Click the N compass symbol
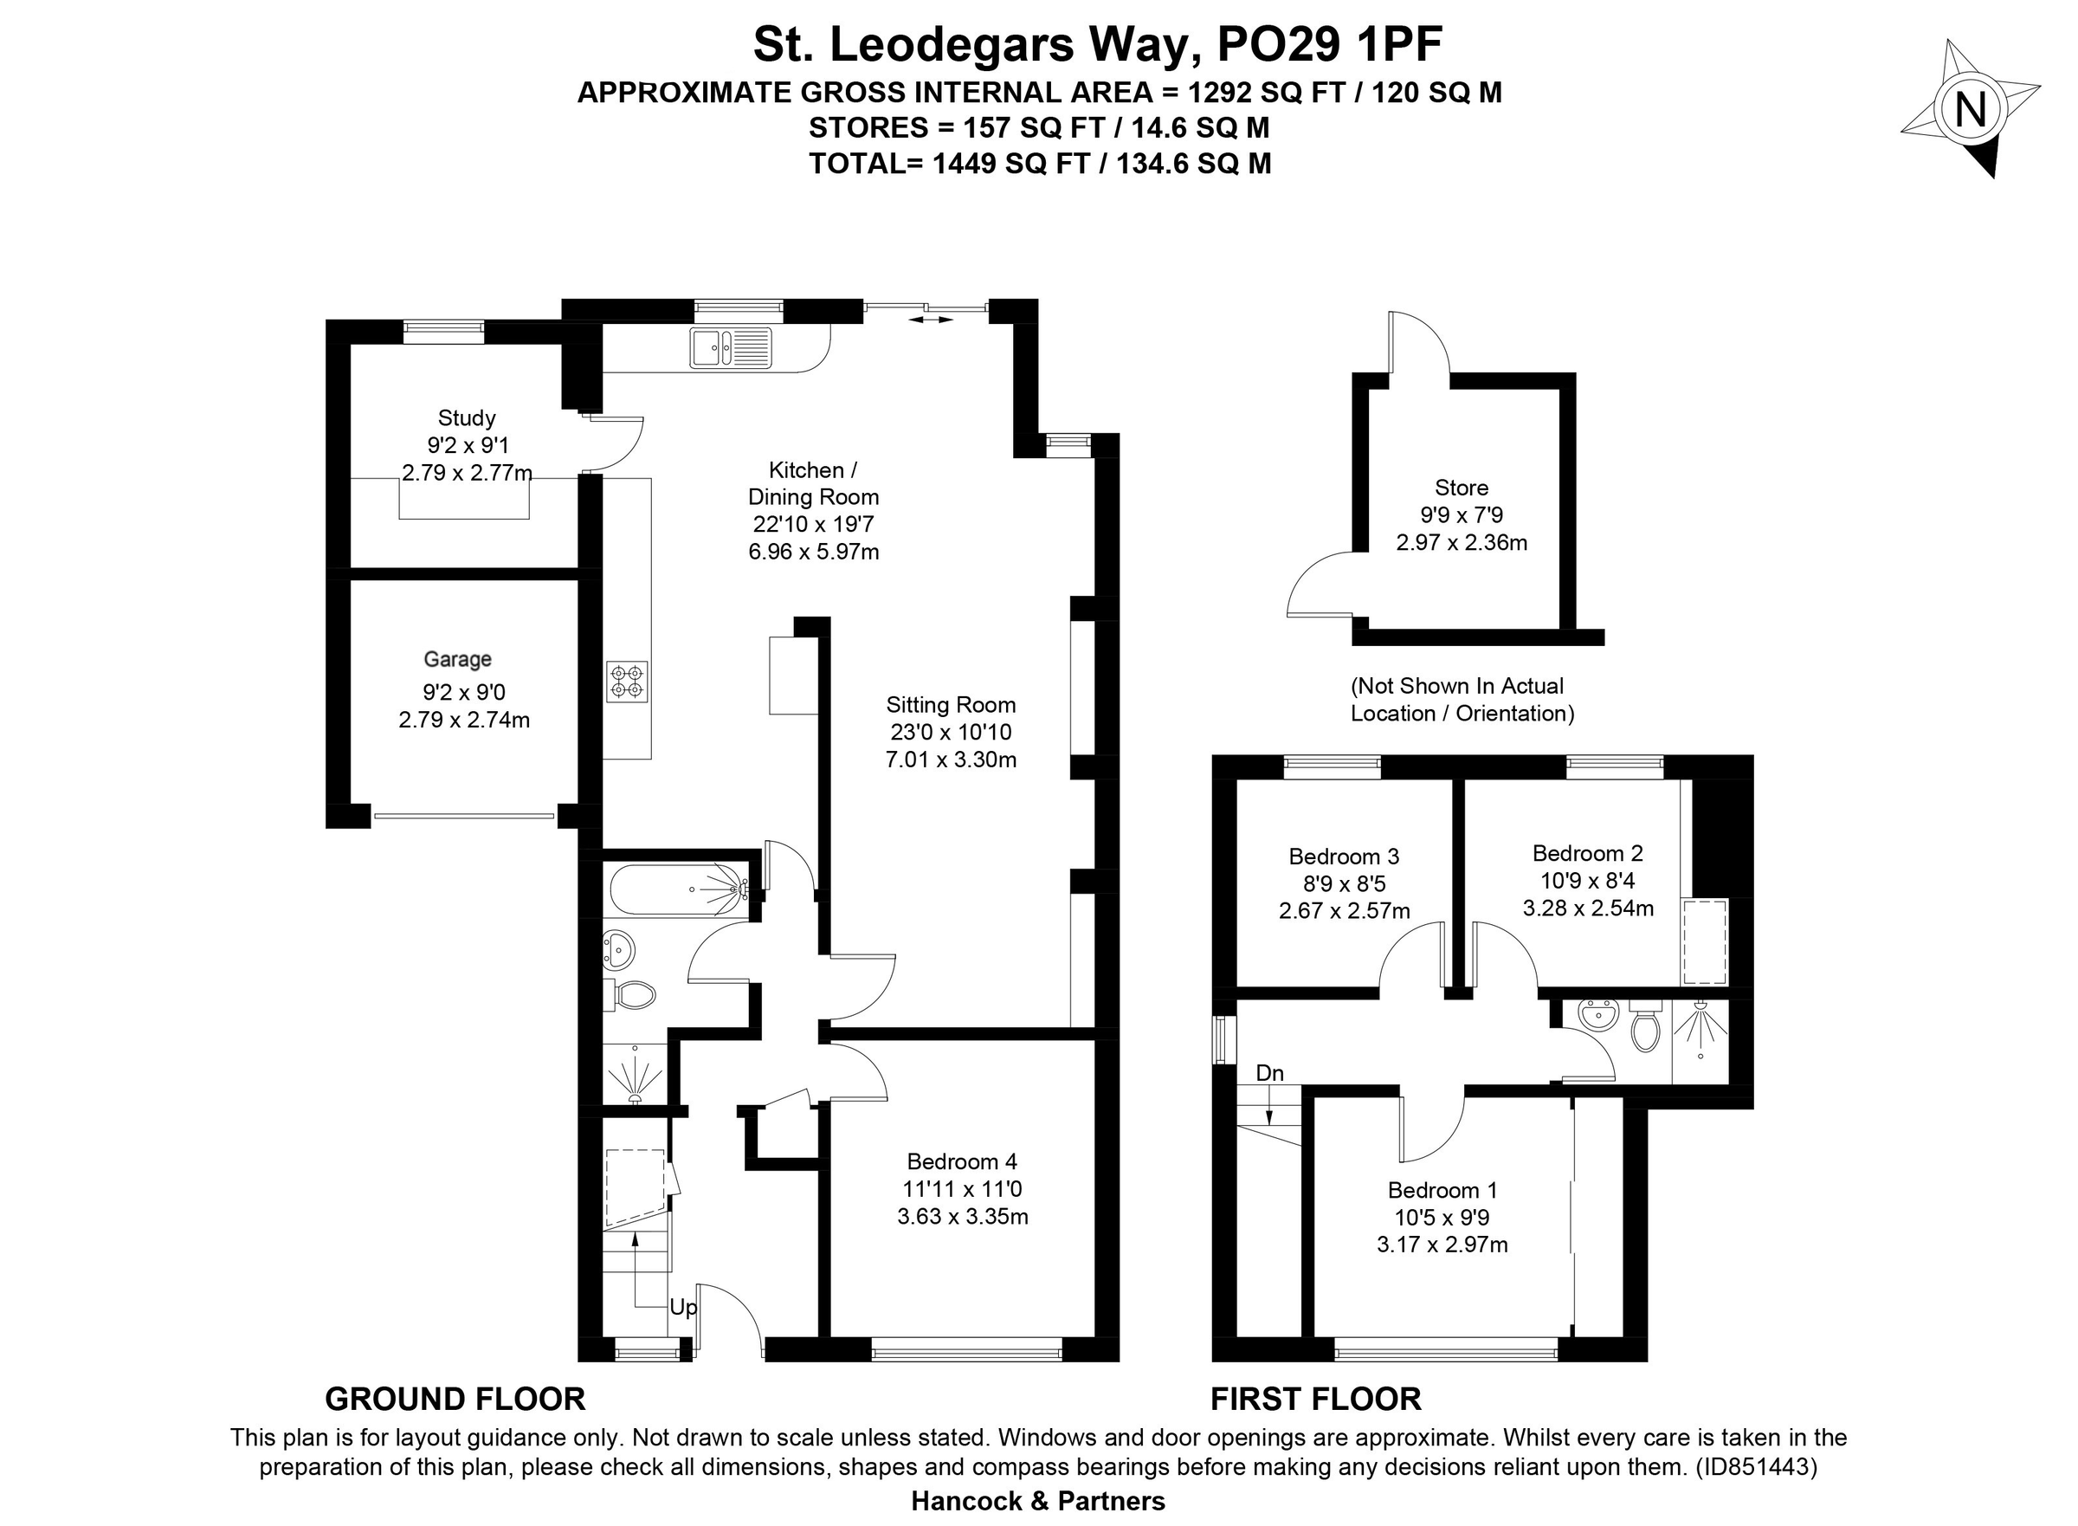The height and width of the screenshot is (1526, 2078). tap(1970, 111)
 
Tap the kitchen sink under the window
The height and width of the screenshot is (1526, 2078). tap(730, 348)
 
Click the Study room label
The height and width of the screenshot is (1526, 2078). tap(467, 417)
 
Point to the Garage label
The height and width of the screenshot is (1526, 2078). tap(457, 658)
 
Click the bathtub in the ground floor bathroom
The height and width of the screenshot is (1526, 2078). tap(678, 889)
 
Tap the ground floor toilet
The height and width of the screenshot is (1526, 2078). tap(634, 995)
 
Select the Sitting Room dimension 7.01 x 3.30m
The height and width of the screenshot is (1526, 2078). tap(951, 760)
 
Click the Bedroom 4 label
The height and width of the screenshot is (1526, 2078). tap(961, 1161)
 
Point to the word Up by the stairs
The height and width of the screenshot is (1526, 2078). tap(683, 1307)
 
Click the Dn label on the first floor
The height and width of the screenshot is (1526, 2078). tap(1269, 1072)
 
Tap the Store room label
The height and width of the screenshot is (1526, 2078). tap(1461, 487)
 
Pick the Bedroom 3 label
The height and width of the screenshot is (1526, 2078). tap(1344, 856)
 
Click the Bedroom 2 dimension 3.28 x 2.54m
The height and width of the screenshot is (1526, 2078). tap(1588, 907)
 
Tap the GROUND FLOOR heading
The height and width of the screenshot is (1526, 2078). tap(455, 1399)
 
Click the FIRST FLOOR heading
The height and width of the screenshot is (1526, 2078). tap(1315, 1399)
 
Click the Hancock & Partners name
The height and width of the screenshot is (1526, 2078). tap(1038, 1501)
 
